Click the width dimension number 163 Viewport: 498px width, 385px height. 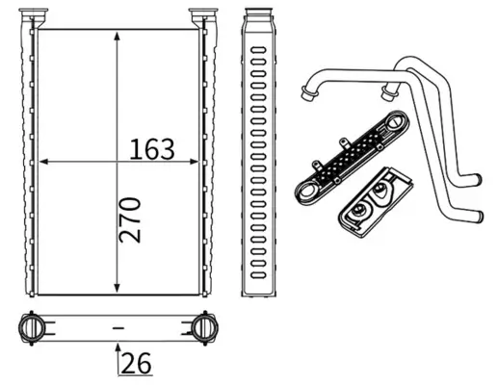tap(152, 149)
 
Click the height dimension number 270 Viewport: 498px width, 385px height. tap(130, 219)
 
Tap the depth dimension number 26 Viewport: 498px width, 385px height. tap(136, 363)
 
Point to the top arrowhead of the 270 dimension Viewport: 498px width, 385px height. tap(118, 36)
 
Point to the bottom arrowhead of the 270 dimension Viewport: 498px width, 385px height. tap(118, 288)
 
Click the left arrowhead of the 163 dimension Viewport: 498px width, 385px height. tap(43, 162)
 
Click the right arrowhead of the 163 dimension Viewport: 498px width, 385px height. tap(195, 162)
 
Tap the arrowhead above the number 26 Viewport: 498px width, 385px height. tap(118, 347)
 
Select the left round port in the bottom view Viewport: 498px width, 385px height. tap(32, 327)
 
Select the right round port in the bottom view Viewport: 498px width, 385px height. tap(205, 327)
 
